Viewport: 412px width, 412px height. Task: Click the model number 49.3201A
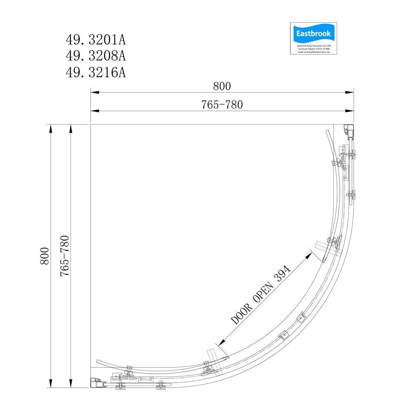[96, 40]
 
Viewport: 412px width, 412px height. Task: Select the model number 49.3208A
[96, 56]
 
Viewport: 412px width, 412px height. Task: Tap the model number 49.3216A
[96, 73]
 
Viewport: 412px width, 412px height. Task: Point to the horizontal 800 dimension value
[222, 86]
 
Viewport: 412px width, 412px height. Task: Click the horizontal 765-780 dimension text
[222, 105]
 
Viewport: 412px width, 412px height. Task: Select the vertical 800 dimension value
[44, 256]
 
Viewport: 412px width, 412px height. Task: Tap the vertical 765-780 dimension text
[65, 256]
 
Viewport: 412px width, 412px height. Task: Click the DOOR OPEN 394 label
[260, 295]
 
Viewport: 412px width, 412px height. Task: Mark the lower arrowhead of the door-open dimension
[221, 342]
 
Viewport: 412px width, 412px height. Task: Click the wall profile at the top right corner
[349, 131]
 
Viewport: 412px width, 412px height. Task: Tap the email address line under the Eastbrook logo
[314, 52]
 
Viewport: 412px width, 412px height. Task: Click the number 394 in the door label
[283, 273]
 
